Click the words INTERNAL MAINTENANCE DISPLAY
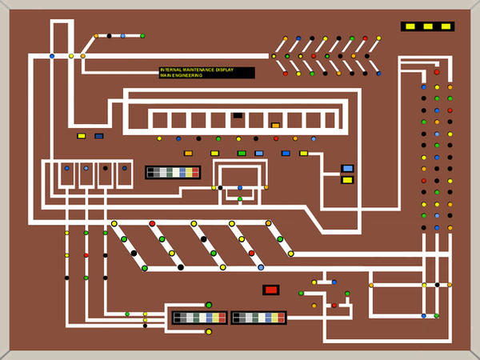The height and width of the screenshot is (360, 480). (196, 70)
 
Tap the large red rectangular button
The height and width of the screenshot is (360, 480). (270, 290)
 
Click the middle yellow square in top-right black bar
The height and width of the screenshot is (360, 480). (428, 26)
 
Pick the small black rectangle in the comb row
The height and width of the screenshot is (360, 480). (238, 115)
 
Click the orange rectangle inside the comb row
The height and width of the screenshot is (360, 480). (275, 126)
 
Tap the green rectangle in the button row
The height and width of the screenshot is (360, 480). (242, 153)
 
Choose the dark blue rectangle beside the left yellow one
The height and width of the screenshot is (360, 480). (99, 136)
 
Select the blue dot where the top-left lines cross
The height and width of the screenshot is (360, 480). (52, 56)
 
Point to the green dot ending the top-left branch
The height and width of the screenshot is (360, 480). (142, 36)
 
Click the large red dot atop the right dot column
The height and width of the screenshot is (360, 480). (437, 72)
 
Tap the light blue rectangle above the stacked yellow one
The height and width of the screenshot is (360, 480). (347, 169)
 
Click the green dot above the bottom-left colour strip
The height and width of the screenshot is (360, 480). (209, 305)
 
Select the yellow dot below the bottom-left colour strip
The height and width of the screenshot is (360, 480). (209, 332)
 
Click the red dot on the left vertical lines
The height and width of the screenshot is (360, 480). (86, 255)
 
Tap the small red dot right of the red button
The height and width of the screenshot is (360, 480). (334, 306)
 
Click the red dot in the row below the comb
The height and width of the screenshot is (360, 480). (276, 138)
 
